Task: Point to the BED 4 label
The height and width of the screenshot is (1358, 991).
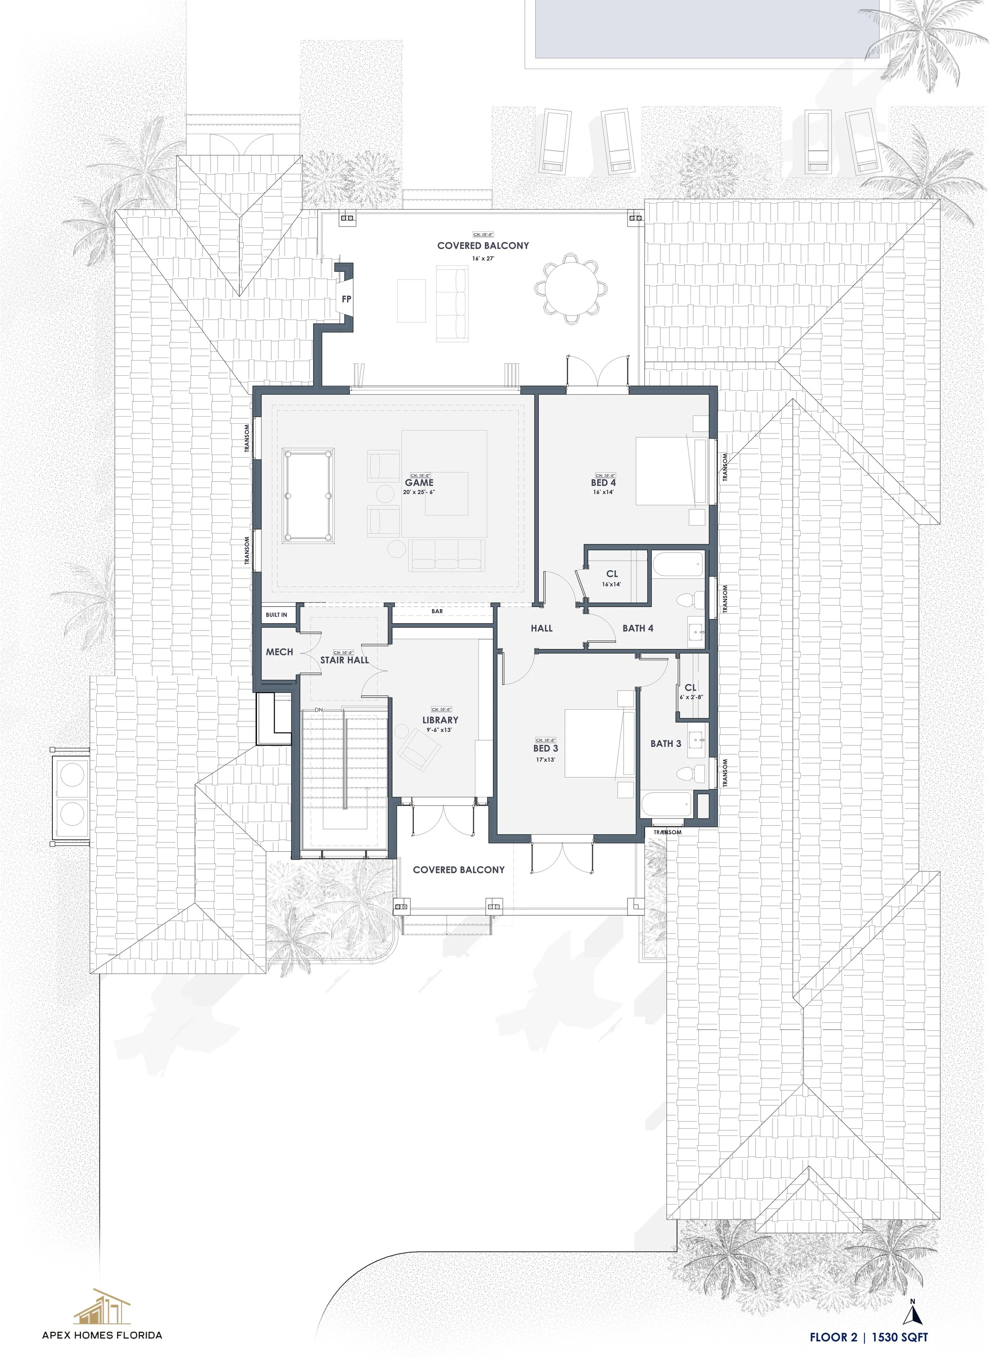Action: (x=603, y=482)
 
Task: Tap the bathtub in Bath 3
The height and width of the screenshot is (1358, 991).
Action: (x=666, y=805)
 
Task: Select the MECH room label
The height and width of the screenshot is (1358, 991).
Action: (x=279, y=651)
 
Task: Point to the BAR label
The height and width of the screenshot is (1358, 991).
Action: (x=437, y=611)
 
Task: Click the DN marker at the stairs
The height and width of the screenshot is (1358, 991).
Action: (x=319, y=710)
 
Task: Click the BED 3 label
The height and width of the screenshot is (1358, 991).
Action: (x=545, y=749)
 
